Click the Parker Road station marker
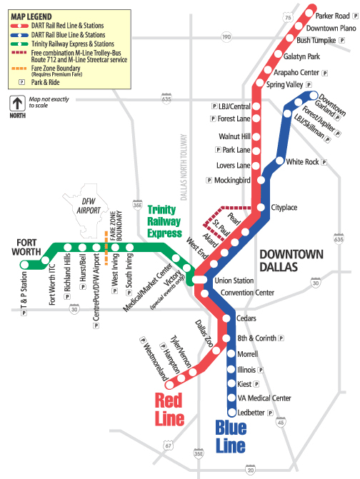pyautogui.click(x=309, y=13)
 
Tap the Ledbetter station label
pyautogui.click(x=251, y=413)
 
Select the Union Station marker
pyautogui.click(x=199, y=280)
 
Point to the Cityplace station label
pyautogui.click(x=284, y=208)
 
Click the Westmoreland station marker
pyautogui.click(x=170, y=385)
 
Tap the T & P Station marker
pyautogui.click(x=24, y=265)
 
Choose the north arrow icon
pyautogui.click(x=17, y=104)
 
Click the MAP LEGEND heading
pyautogui.click(x=31, y=17)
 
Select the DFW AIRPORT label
pyautogui.click(x=89, y=206)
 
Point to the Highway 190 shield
pyautogui.click(x=226, y=37)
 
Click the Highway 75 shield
pyautogui.click(x=288, y=17)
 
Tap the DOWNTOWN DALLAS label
pyautogui.click(x=291, y=261)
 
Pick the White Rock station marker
pyautogui.click(x=279, y=161)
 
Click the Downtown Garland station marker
pyautogui.click(x=314, y=96)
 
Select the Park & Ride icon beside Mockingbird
pyautogui.click(x=209, y=180)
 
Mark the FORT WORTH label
pyautogui.click(x=26, y=247)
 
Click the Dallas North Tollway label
pyautogui.click(x=184, y=167)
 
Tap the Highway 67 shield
pyautogui.click(x=168, y=445)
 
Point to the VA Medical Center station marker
pyautogui.click(x=231, y=398)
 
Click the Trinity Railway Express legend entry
pyautogui.click(x=62, y=44)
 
